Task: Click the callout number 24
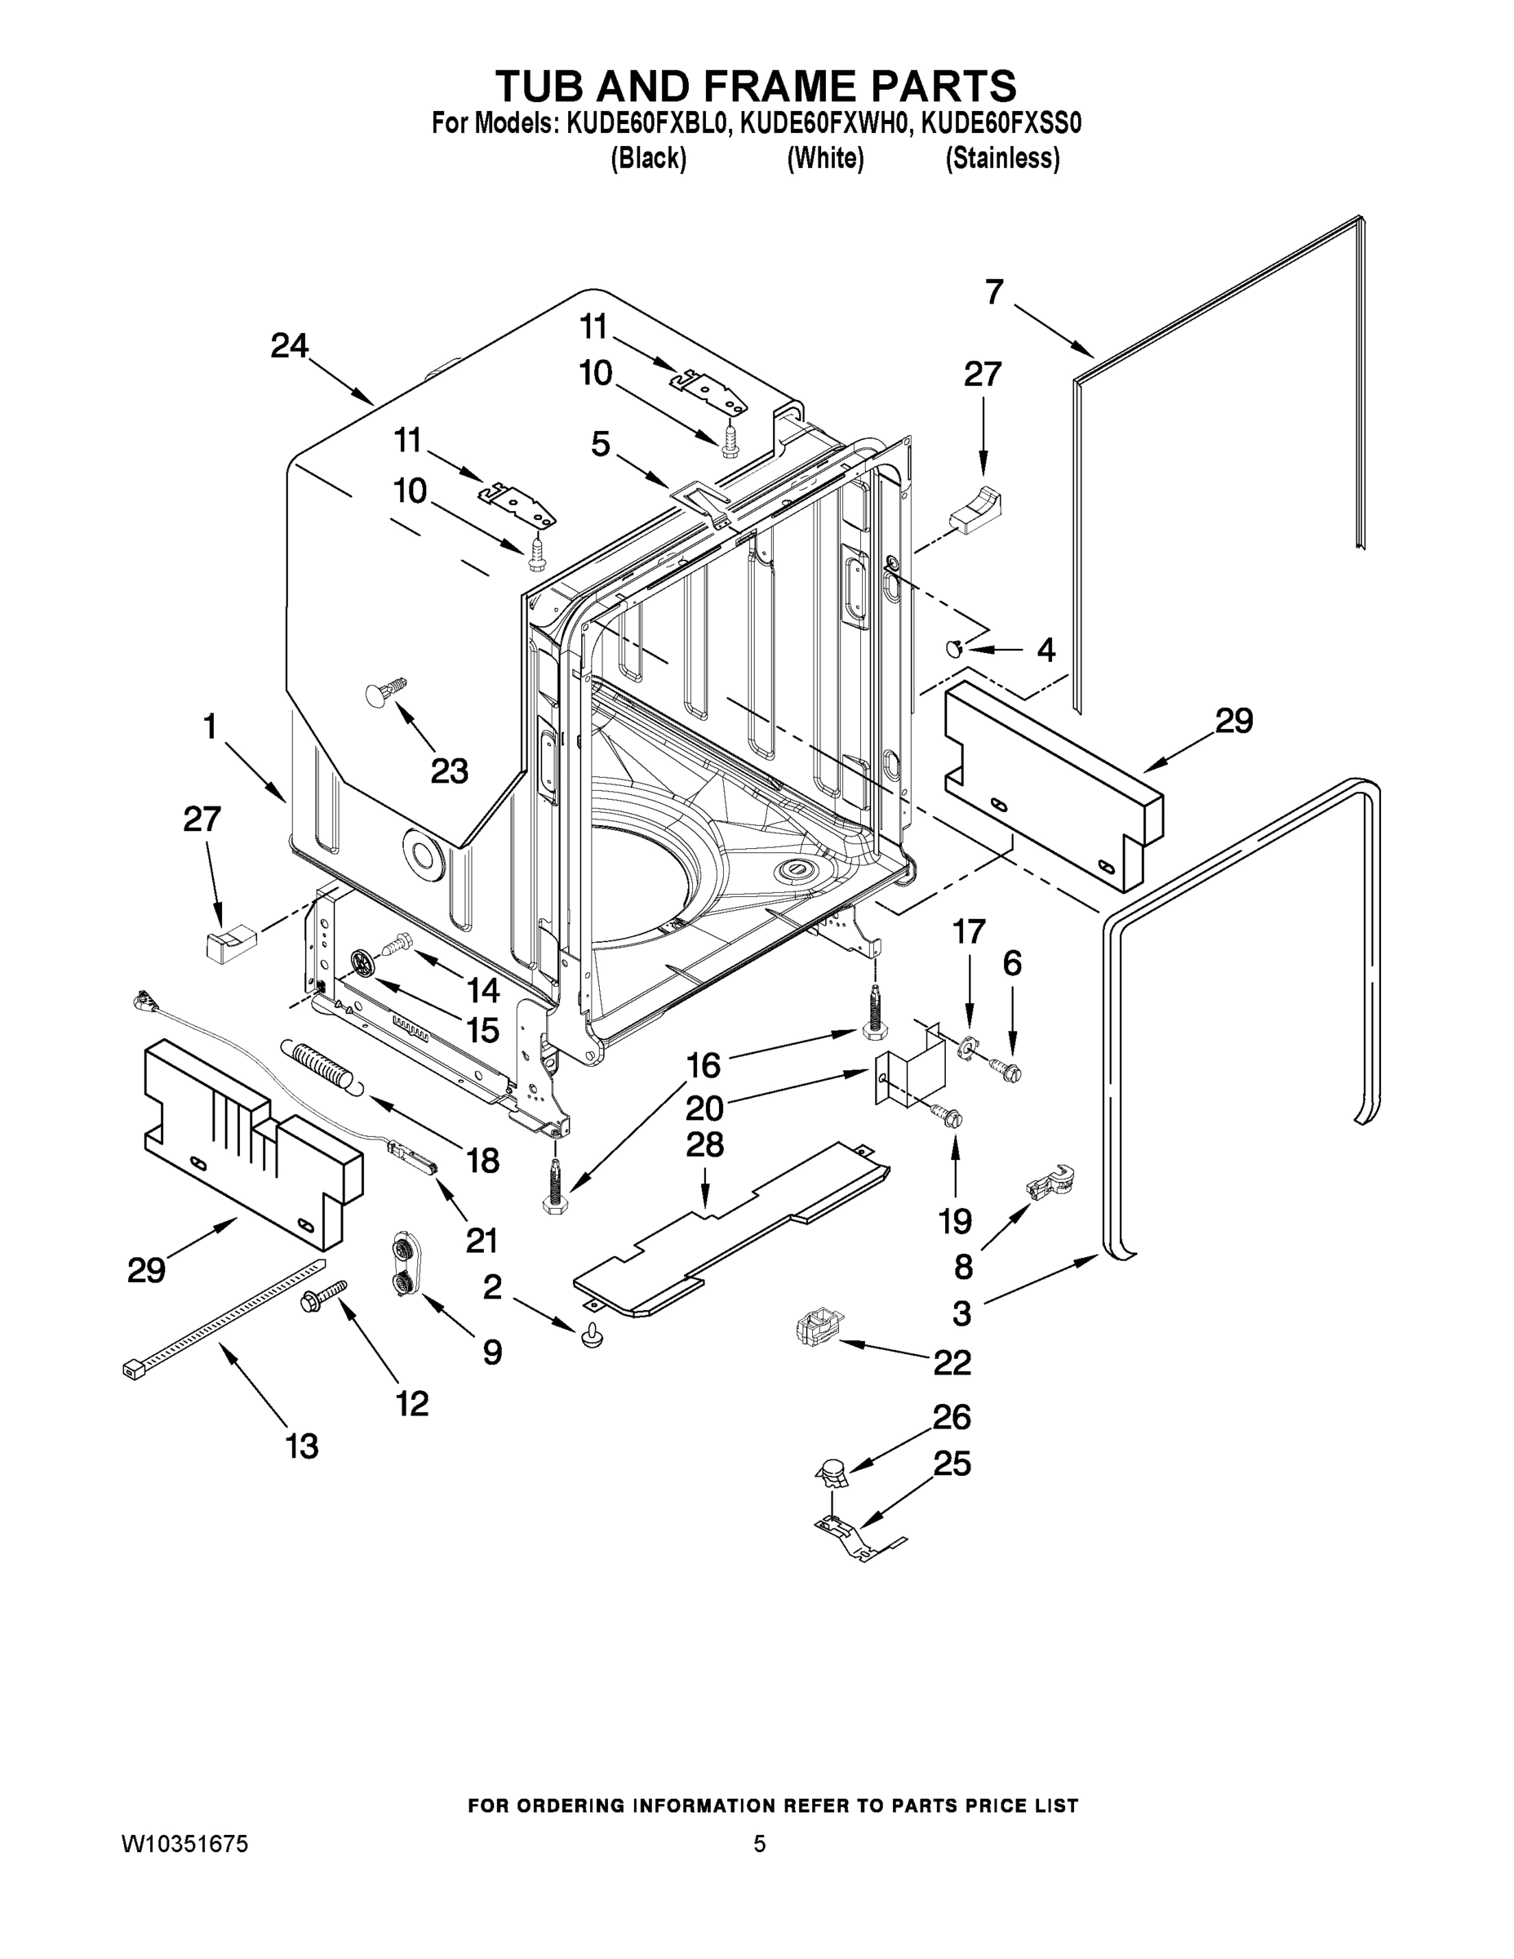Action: point(290,346)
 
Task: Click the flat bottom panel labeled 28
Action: point(731,1228)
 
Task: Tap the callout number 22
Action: point(952,1362)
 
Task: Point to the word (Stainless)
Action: point(1003,159)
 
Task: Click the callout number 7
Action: point(994,292)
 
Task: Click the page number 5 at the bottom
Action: point(760,1844)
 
